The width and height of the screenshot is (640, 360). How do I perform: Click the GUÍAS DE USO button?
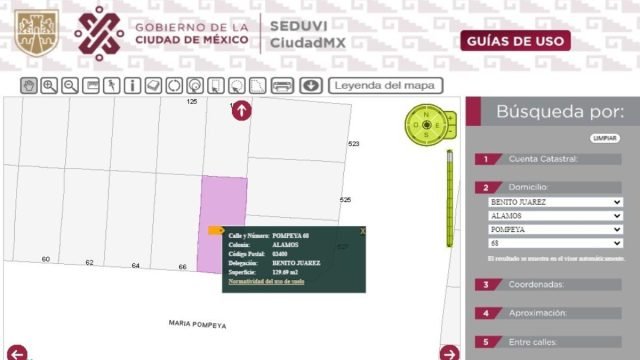pos(516,41)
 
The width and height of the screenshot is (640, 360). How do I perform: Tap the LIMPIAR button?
pos(605,137)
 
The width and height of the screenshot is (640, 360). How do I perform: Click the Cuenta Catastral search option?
pos(544,159)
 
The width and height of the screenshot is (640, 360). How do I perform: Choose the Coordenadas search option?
pos(544,285)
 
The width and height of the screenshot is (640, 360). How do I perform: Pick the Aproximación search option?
pos(544,313)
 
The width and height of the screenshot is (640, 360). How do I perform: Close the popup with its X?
pos(362,231)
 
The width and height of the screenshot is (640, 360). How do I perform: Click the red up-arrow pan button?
pos(241,111)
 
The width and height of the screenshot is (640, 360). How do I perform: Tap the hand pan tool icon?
pos(29,86)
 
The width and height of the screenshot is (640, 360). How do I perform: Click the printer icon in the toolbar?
pos(283,86)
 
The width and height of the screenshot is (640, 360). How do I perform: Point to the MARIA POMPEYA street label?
pos(197,325)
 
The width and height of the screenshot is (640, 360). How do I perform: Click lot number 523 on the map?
pos(353,144)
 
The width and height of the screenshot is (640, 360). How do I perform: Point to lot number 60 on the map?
pos(46,260)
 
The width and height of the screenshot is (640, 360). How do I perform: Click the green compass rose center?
pos(427,126)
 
